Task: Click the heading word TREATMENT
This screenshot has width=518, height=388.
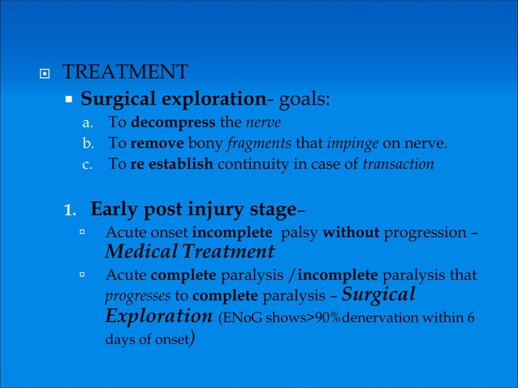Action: coord(126,72)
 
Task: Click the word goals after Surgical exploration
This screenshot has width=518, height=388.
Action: coord(300,100)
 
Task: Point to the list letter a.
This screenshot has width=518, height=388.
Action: coord(88,125)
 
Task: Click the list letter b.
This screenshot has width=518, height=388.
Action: coord(88,144)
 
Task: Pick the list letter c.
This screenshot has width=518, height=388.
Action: coord(88,164)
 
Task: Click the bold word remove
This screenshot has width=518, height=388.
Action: coord(153,144)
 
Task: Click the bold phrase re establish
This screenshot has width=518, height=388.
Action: coord(171,164)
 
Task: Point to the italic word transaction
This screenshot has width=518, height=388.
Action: coord(398,164)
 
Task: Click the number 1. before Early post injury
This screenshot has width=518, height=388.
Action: coord(71,210)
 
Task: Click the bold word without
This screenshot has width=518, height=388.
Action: coord(352,235)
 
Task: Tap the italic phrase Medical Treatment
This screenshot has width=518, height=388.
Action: coord(190,252)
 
